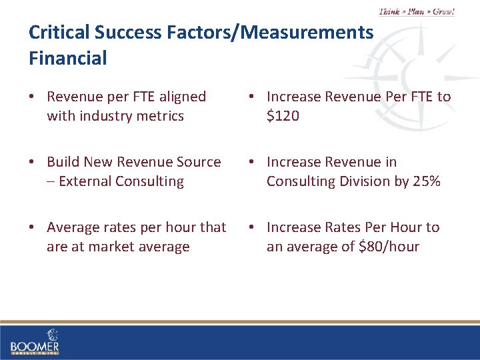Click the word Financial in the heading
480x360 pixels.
67,59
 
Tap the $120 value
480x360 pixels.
283,116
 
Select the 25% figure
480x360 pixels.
425,181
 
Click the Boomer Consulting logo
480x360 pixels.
35,341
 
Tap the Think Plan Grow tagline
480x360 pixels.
417,11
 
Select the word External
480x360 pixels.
85,181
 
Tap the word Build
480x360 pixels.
63,162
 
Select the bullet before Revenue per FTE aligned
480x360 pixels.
33,97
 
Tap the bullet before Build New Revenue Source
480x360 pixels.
33,162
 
